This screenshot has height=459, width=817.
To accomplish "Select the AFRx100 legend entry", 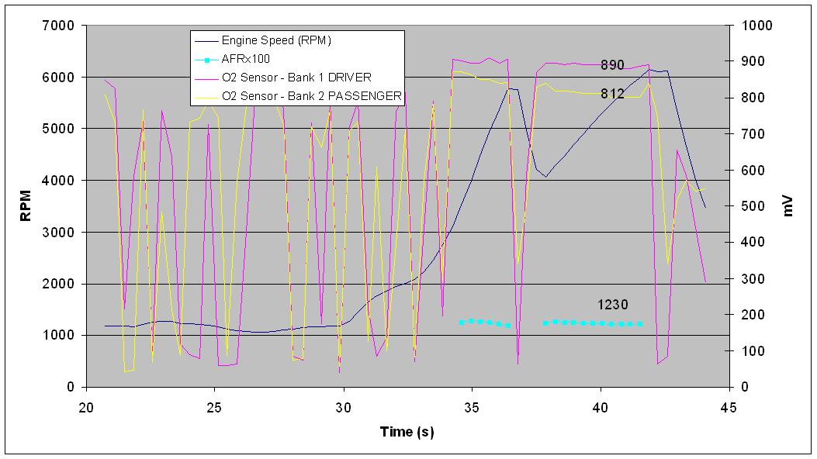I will (x=246, y=58).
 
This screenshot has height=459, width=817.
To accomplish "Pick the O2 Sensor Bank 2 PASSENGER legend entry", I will (x=311, y=95).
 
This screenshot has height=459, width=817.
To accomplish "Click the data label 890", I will (x=612, y=65).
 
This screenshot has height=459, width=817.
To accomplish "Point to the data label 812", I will (x=612, y=94).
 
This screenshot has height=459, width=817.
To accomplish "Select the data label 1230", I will (x=613, y=305).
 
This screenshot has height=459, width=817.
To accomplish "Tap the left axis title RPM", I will (x=25, y=206).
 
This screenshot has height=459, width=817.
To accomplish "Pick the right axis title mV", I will (x=789, y=206).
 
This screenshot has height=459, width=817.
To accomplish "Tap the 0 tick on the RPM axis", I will (x=71, y=387).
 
